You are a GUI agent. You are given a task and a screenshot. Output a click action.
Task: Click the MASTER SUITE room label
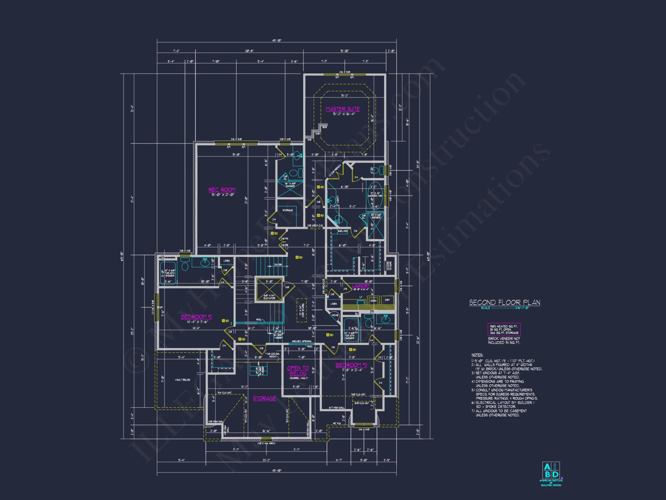point(343,109)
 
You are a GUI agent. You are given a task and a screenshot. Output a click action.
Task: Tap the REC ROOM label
point(222,190)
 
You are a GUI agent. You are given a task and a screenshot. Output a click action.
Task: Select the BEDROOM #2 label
point(196,317)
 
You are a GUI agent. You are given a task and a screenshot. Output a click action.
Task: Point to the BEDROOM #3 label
point(351,365)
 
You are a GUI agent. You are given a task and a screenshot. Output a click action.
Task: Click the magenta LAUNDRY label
point(361,286)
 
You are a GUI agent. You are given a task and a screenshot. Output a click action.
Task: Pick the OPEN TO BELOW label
point(298,371)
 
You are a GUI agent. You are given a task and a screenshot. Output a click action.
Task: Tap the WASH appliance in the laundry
point(373,300)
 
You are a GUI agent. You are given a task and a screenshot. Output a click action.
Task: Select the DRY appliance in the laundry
point(387,300)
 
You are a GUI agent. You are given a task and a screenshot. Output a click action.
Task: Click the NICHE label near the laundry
point(335,315)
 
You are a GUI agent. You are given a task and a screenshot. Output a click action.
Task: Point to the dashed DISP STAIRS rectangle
point(302,310)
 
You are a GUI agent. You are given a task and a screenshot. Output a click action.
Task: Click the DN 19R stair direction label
point(278,265)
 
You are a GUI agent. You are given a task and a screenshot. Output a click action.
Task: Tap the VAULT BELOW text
point(182,380)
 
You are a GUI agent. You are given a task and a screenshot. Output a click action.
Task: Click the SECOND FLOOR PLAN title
point(504,302)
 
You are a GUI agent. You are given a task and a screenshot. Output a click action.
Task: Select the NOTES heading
point(477,355)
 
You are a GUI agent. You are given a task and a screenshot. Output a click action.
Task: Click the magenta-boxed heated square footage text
point(504,329)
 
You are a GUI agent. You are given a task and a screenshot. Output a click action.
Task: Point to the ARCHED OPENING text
point(301,341)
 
